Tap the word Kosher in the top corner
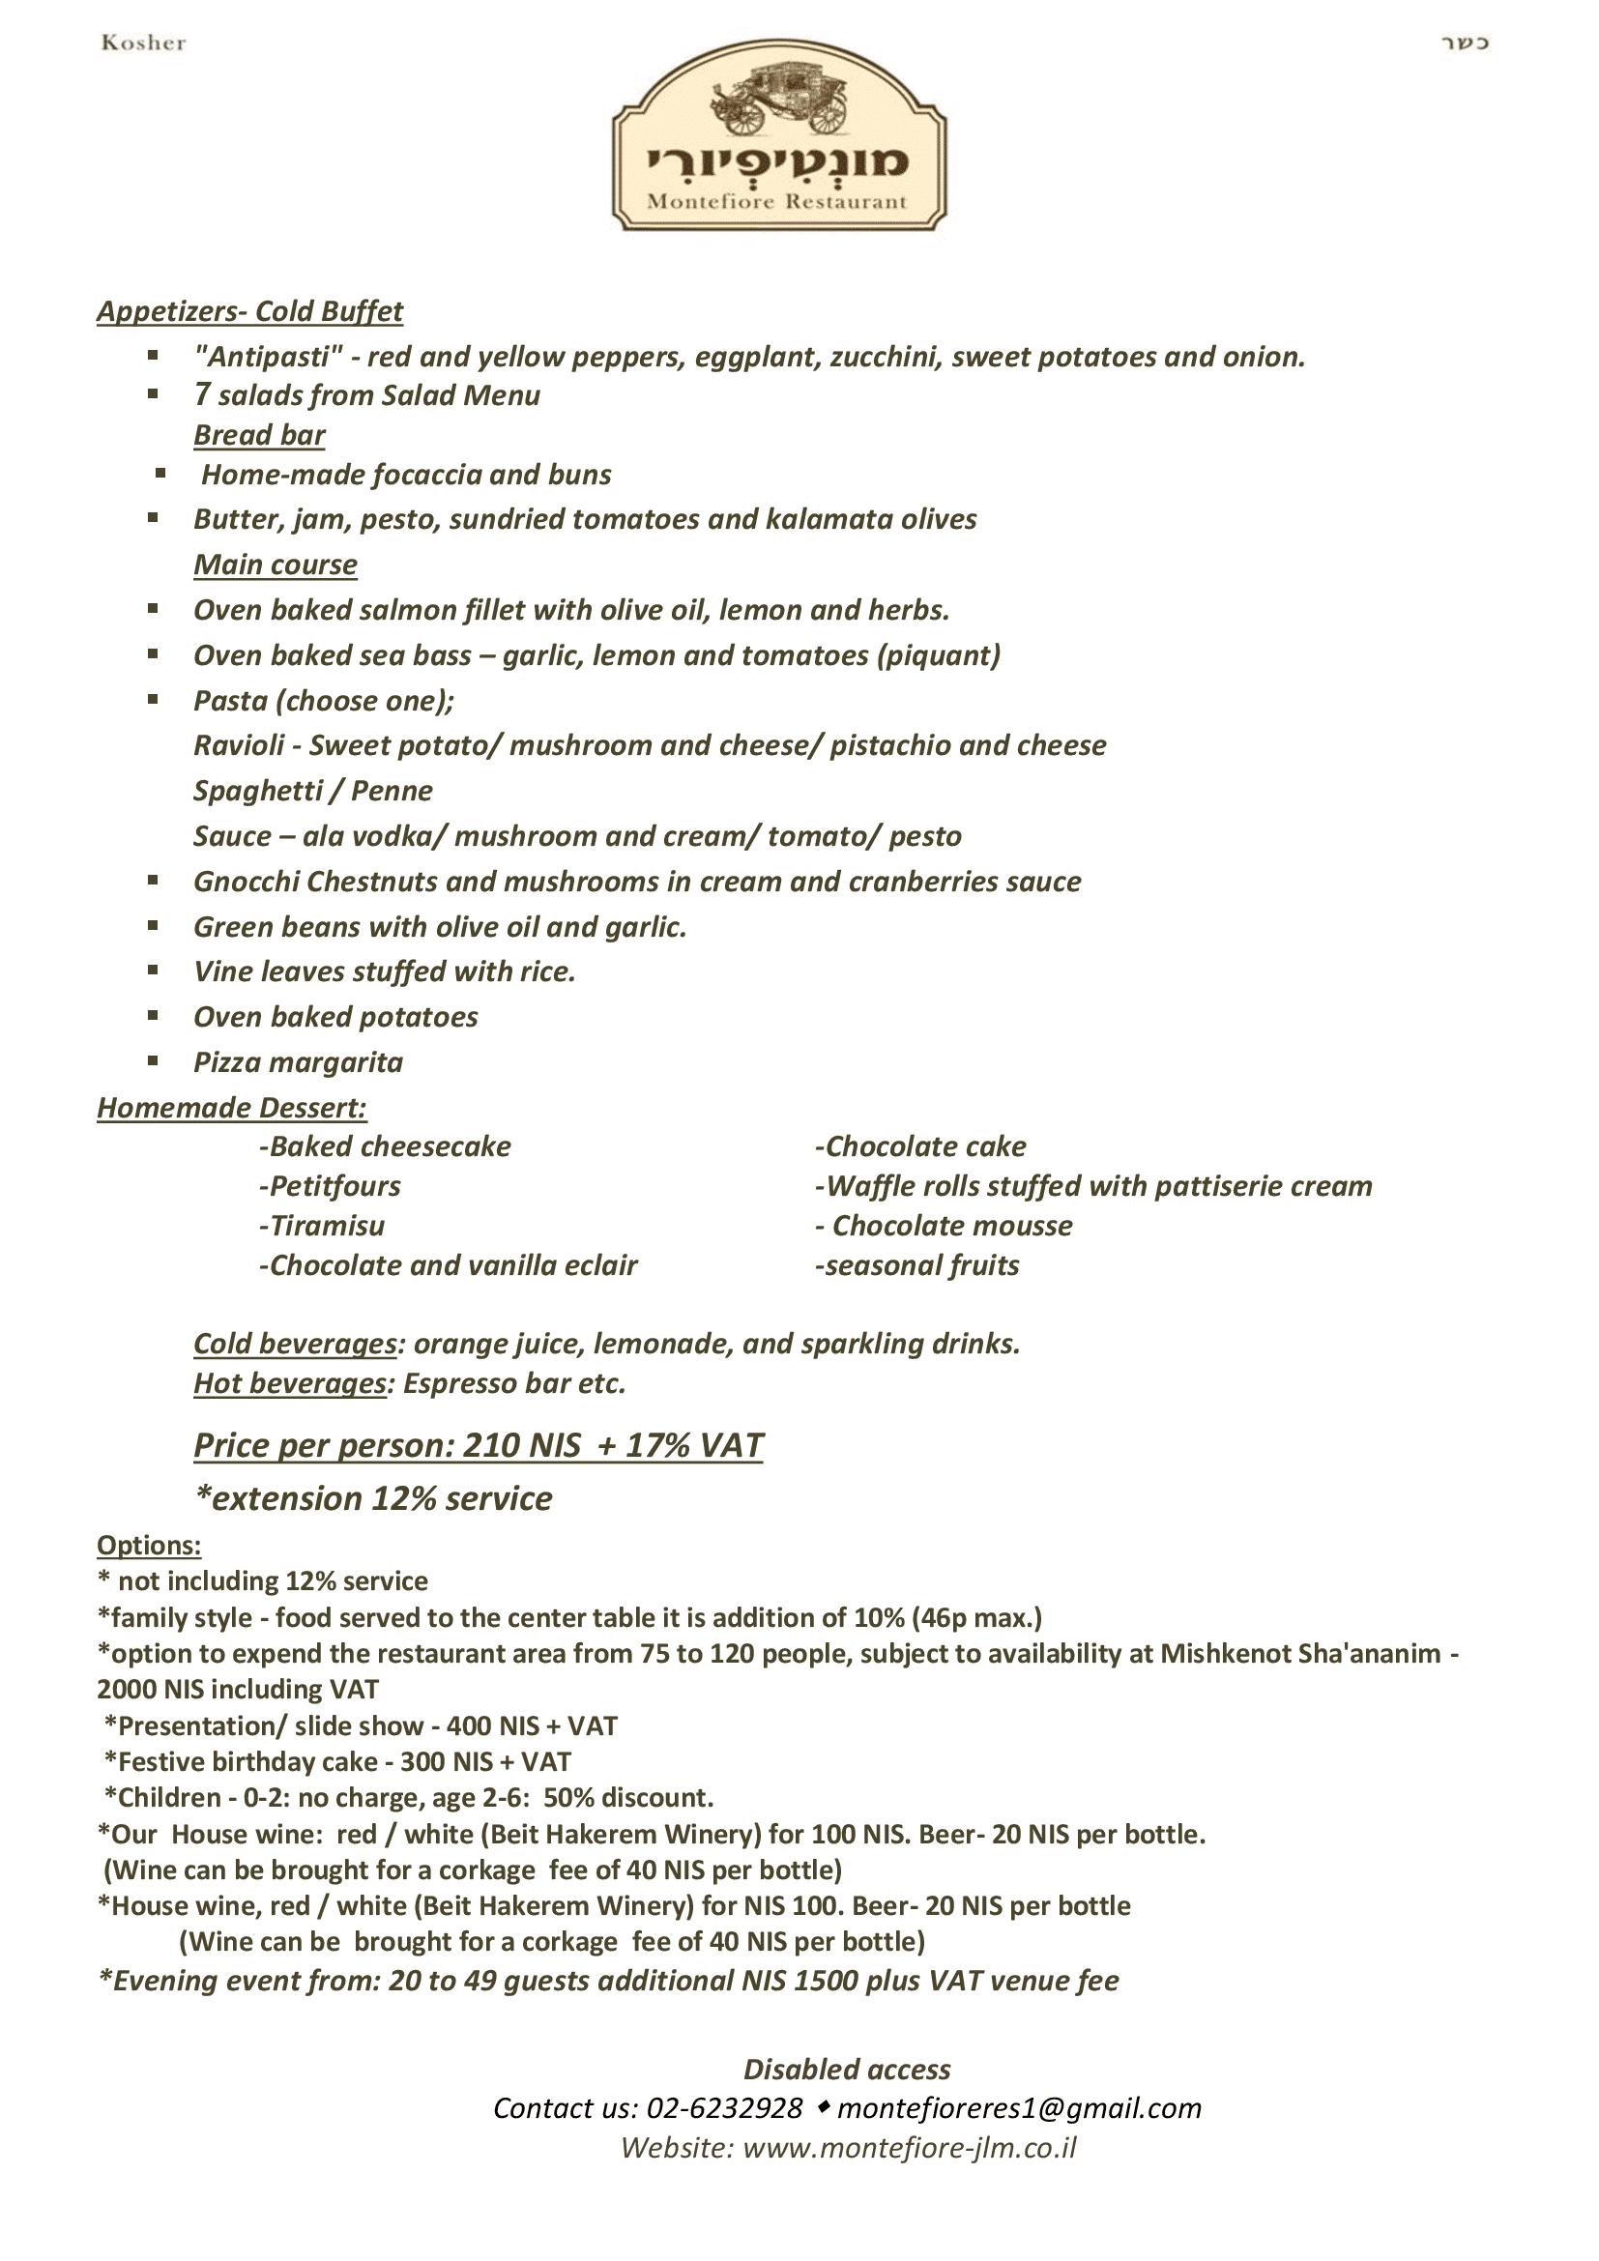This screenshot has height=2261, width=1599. click(x=144, y=43)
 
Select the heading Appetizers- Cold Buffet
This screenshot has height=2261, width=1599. click(x=250, y=312)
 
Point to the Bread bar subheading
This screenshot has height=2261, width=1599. click(x=259, y=435)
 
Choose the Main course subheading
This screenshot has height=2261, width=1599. click(x=275, y=565)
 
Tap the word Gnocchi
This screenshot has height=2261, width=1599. click(x=247, y=882)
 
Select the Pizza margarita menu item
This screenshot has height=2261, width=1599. click(x=299, y=1062)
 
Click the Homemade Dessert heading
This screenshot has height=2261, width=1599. click(x=231, y=1108)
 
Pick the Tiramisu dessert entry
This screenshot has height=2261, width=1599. click(x=323, y=1226)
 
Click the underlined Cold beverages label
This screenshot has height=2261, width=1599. click(x=295, y=1345)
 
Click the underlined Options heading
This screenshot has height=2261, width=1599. click(x=149, y=1545)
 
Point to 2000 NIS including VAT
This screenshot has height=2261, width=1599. click(x=237, y=1690)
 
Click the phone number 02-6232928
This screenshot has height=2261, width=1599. click(x=725, y=2108)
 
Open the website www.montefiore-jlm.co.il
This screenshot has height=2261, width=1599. click(x=909, y=2148)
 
